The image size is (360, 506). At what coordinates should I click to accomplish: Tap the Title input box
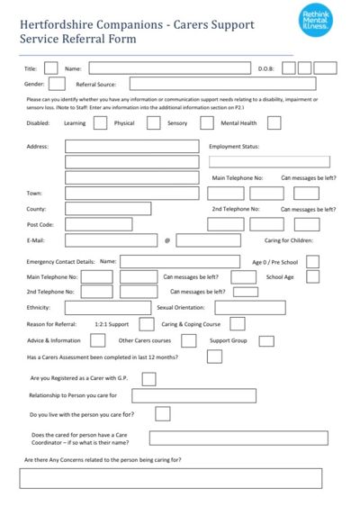point(51,68)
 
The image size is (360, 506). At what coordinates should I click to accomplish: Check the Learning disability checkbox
point(100,122)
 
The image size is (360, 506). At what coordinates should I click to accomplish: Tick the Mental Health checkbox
point(274,122)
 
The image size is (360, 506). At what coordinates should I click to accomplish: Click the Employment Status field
point(270,162)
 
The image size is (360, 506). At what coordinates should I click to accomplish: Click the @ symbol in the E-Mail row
point(166,241)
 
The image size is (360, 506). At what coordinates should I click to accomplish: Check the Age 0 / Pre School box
point(313,261)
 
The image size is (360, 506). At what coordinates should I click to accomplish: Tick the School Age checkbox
point(313,277)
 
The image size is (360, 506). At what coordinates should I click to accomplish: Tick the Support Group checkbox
point(265,340)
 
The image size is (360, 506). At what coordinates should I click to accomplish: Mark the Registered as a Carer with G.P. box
point(148,379)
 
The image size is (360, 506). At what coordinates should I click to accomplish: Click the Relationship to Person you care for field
point(194,395)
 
